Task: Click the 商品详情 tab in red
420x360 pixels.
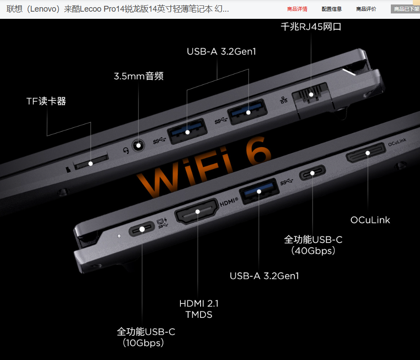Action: click(297, 9)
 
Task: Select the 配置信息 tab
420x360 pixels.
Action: click(332, 9)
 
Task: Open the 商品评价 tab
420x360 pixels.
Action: click(366, 9)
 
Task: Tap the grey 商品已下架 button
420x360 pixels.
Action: click(406, 9)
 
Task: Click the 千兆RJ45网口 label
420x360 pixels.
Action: click(311, 27)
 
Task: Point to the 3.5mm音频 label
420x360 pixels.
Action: click(139, 76)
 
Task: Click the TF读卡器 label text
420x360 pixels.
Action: click(46, 101)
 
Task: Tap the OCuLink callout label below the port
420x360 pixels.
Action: click(370, 220)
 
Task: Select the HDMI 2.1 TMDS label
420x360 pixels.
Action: click(199, 309)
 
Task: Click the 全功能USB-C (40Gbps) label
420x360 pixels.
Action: click(313, 245)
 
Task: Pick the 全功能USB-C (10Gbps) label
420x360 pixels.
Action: click(146, 337)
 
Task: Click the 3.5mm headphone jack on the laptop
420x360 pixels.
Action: click(139, 146)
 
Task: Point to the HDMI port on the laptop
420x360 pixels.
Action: click(197, 212)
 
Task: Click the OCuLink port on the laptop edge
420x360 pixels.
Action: click(366, 153)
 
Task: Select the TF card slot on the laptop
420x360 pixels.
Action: click(91, 161)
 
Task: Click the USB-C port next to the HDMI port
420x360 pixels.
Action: click(142, 229)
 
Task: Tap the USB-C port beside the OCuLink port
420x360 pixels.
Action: click(312, 173)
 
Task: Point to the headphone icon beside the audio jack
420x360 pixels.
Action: click(126, 151)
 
